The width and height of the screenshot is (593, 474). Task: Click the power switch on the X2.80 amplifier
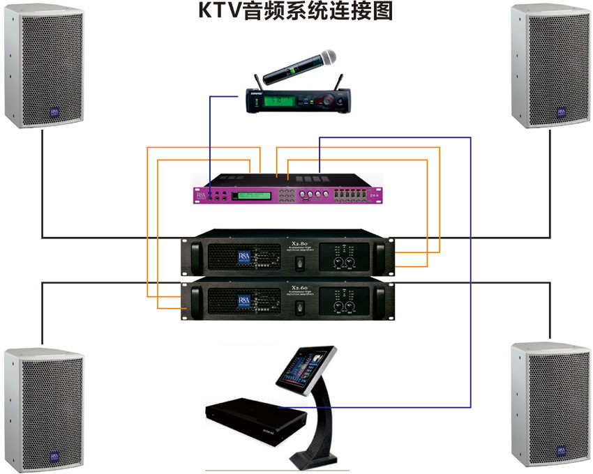coord(296,263)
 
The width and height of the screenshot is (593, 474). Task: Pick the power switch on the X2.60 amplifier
coord(296,307)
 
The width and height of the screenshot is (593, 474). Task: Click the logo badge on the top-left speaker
coord(54,112)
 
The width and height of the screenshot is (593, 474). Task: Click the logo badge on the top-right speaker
coord(560,112)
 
